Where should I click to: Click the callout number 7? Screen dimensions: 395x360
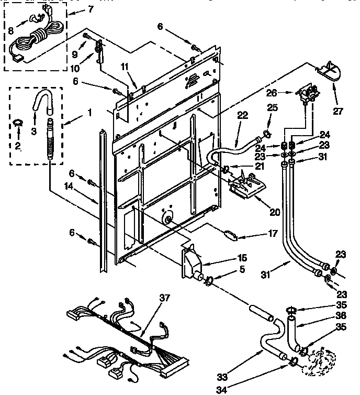point(91,9)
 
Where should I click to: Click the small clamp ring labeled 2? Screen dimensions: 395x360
point(17,123)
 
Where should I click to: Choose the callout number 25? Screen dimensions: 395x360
point(271,107)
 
